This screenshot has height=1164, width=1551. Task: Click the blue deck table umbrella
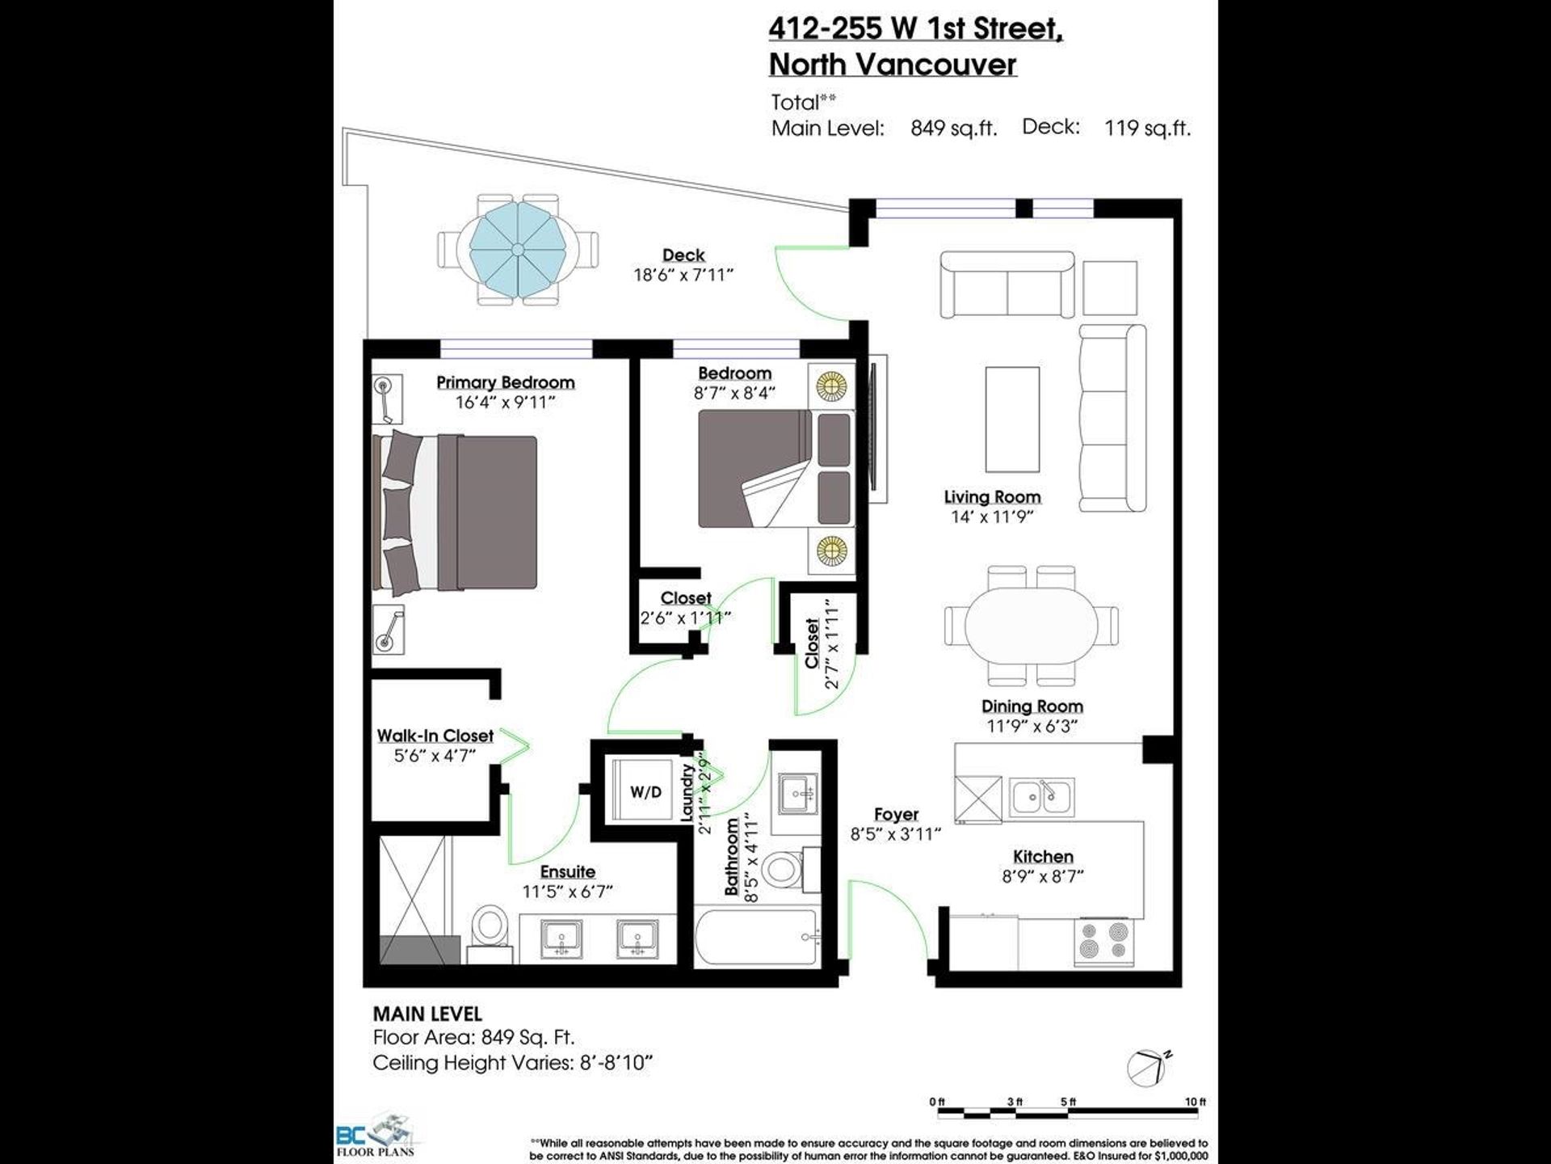click(518, 251)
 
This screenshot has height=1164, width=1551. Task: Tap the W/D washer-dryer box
click(645, 792)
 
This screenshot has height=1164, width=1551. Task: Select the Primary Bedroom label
click(506, 382)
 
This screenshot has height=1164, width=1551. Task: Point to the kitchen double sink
click(1041, 797)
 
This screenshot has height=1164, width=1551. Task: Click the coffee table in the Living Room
click(1012, 420)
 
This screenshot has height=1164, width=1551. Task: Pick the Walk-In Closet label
click(435, 736)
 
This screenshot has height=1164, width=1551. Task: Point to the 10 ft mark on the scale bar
click(1196, 1102)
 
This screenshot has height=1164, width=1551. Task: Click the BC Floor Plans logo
click(375, 1135)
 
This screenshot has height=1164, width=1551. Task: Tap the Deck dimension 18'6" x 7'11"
click(683, 275)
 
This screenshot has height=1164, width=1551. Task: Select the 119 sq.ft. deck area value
click(1147, 128)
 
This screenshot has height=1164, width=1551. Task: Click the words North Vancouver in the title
click(893, 64)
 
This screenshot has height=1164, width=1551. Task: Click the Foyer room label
click(896, 814)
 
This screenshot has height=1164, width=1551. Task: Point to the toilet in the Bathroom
click(783, 867)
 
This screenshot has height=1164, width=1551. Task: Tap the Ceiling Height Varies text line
click(512, 1062)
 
